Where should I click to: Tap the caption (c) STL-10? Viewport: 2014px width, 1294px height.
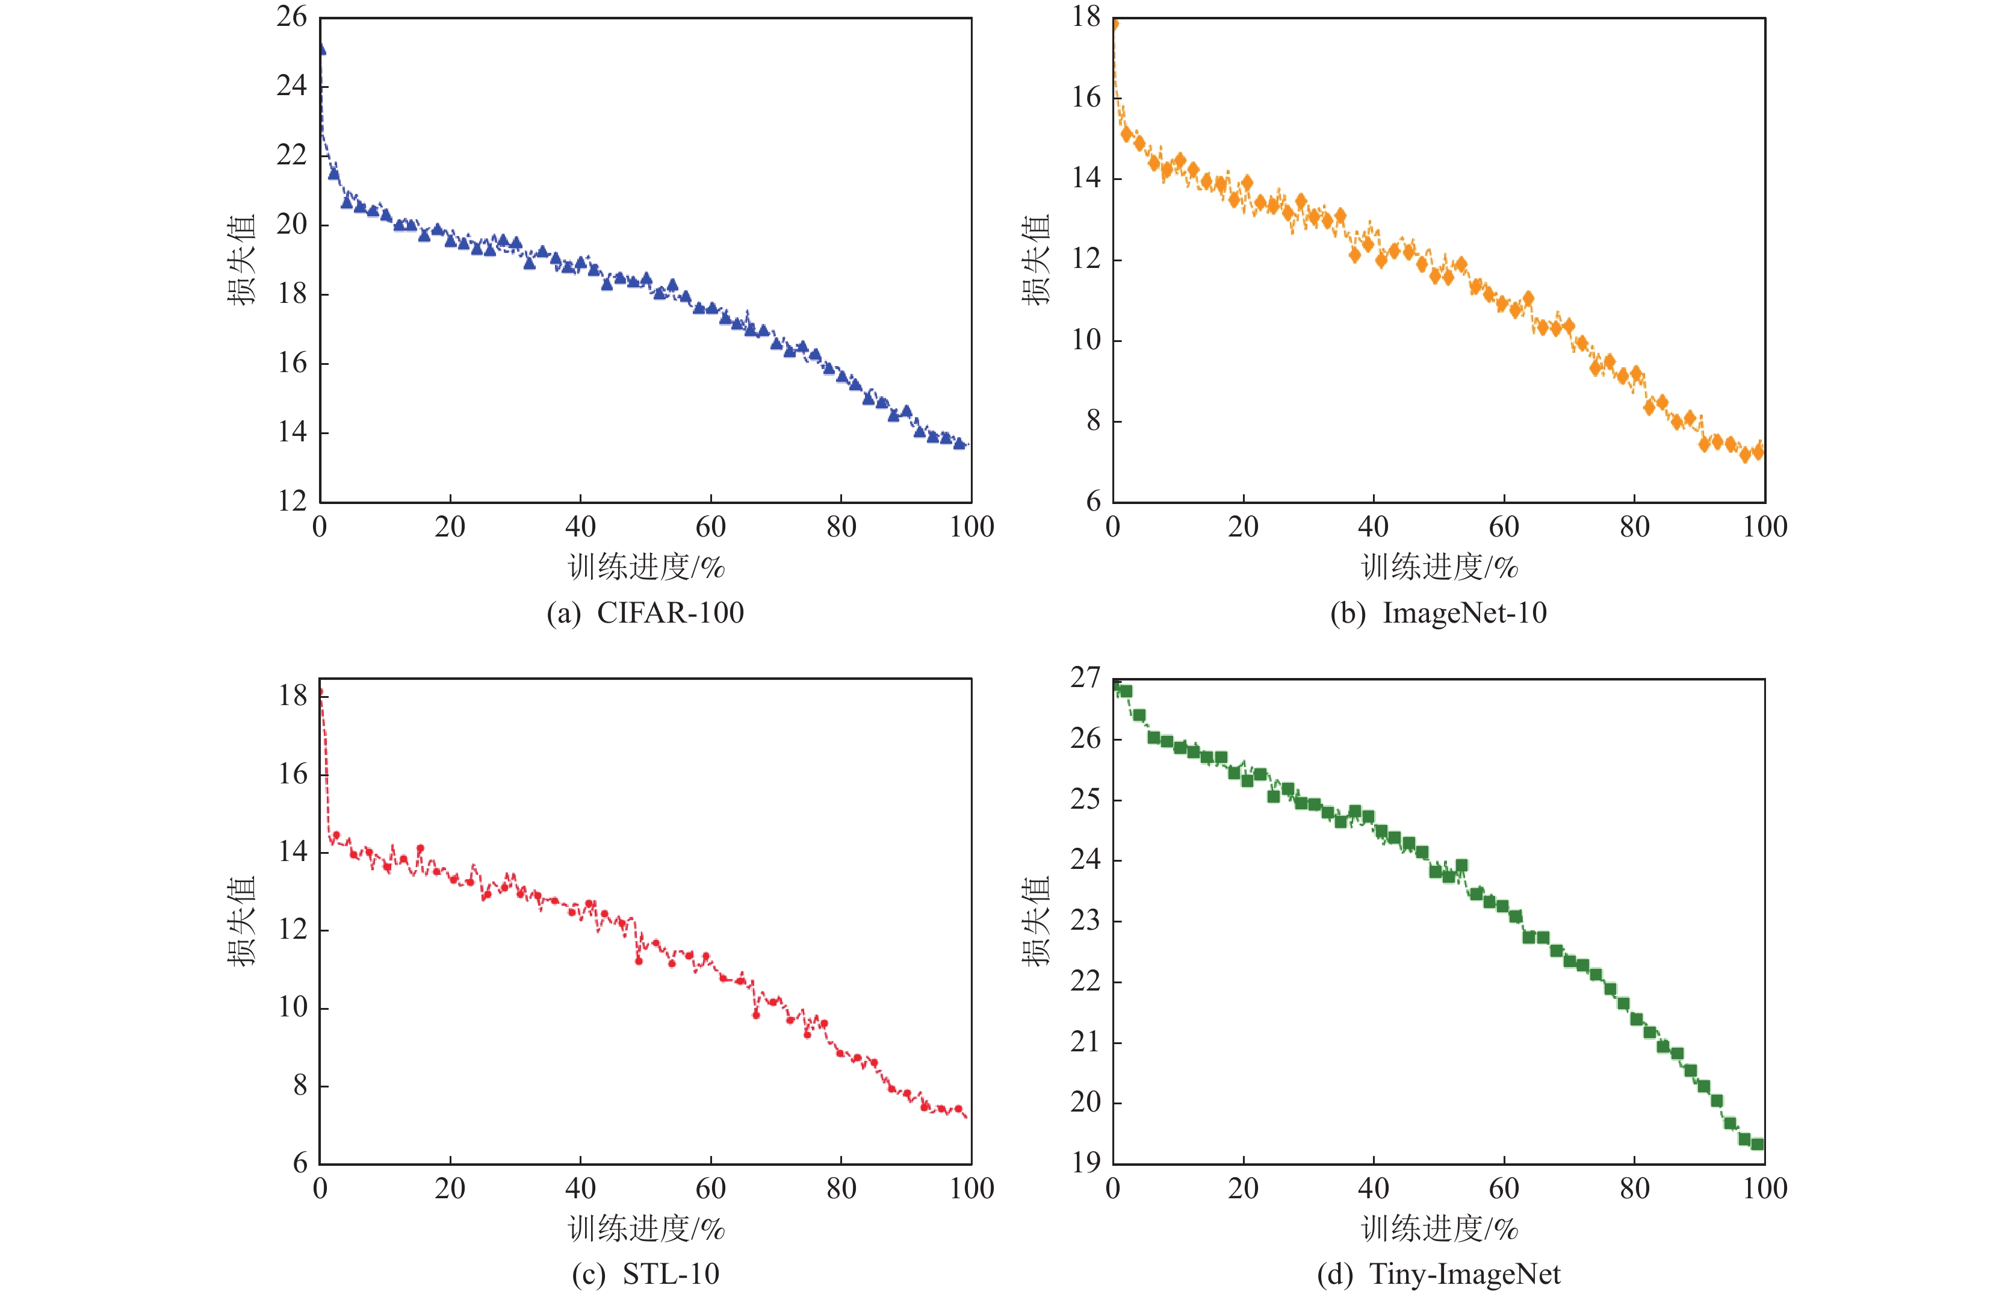645,1274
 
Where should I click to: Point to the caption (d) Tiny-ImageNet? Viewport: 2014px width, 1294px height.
1438,1274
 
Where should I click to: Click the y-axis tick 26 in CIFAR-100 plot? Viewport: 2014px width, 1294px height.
291,17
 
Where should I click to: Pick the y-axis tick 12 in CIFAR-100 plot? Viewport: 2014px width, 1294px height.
291,502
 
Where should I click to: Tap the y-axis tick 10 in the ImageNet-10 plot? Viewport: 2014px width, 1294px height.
1086,340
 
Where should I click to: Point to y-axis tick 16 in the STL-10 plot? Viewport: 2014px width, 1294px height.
293,774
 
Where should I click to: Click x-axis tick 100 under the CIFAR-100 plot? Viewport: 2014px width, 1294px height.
971,527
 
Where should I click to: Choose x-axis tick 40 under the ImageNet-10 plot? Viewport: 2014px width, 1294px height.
1373,527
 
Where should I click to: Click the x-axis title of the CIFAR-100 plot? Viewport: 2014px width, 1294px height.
646,568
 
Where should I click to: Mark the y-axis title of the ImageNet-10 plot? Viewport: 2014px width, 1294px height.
1036,259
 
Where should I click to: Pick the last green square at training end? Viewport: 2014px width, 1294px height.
1757,1143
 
